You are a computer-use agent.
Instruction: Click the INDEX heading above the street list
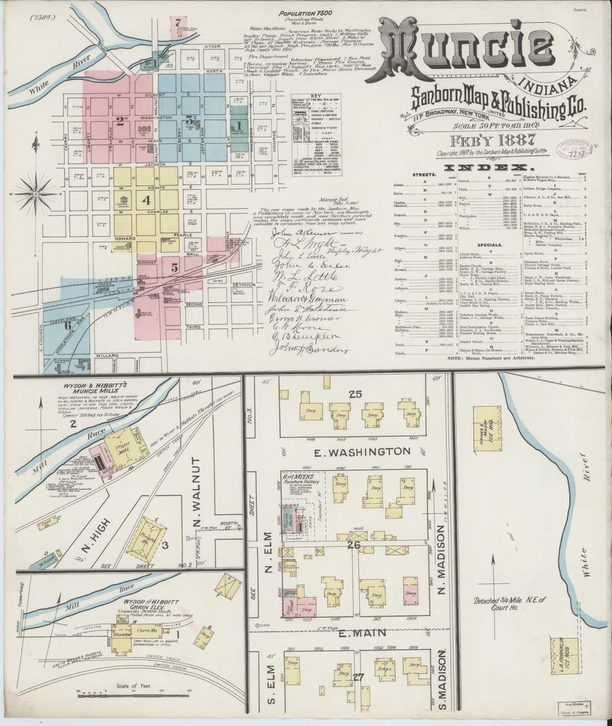pyautogui.click(x=489, y=167)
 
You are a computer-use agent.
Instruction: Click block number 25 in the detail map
pyautogui.click(x=354, y=394)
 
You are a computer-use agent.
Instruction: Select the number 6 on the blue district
pyautogui.click(x=68, y=324)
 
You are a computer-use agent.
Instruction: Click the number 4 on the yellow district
pyautogui.click(x=145, y=198)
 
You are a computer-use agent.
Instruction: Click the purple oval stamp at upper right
pyautogui.click(x=575, y=147)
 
